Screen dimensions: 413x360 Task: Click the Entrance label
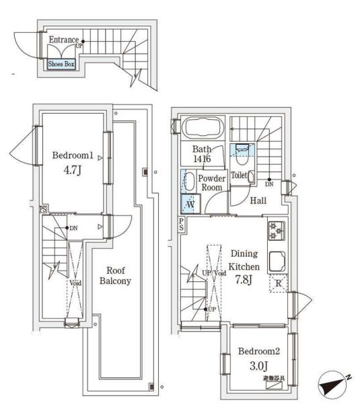64,40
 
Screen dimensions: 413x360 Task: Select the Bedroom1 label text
73,155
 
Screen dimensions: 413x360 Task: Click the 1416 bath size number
201,159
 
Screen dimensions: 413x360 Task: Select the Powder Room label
211,183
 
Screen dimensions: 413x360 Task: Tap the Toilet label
239,175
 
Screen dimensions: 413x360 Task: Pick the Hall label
258,200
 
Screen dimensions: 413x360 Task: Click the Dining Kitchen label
244,260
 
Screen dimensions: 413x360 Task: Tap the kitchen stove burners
277,231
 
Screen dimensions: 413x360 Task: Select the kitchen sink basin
277,259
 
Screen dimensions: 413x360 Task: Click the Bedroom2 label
254,351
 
